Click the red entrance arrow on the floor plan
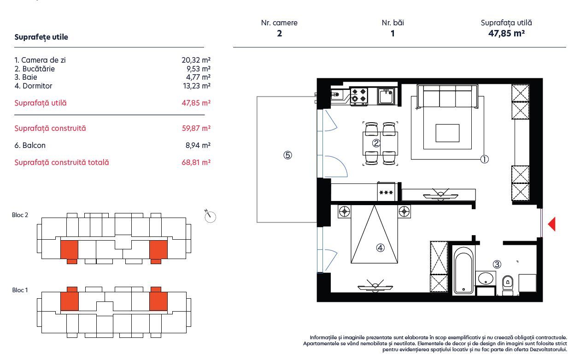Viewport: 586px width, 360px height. click(551, 224)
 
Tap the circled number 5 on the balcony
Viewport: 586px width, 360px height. click(287, 155)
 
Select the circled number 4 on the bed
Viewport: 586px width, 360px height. click(380, 248)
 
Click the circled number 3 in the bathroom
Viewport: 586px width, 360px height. click(497, 264)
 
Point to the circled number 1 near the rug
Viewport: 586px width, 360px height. click(484, 159)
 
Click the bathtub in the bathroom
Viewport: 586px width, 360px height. click(463, 271)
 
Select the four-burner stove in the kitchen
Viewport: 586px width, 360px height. click(358, 95)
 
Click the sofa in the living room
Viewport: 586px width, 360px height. click(447, 97)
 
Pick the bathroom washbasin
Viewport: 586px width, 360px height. click(485, 278)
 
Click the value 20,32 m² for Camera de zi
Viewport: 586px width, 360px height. click(196, 60)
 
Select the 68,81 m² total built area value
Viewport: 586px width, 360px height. click(196, 162)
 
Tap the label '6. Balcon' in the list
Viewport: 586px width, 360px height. click(30, 145)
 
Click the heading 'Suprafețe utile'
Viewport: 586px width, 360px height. click(41, 37)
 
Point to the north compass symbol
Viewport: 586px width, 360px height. click(210, 216)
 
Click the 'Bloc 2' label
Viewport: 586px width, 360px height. click(20, 215)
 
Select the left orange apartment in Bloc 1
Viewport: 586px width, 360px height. click(69, 300)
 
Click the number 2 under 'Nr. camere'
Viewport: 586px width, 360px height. click(279, 33)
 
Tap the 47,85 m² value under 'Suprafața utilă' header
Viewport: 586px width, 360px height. click(506, 33)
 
